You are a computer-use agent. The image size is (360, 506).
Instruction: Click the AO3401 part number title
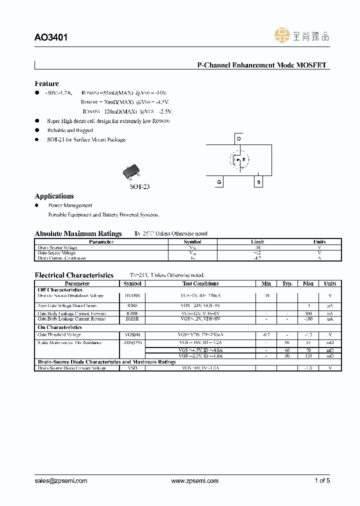pos(51,37)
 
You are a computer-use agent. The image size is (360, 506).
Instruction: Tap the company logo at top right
pos(302,35)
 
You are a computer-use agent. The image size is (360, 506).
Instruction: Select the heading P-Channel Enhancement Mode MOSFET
pos(261,65)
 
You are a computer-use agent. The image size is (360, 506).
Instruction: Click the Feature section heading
pos(46,83)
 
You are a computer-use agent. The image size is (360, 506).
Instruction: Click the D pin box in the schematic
pos(239,138)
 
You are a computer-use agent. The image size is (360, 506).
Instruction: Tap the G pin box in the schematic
pos(219,182)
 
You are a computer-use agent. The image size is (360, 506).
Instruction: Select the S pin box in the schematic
pos(258,182)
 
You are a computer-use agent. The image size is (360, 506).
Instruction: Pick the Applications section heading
pos(54,196)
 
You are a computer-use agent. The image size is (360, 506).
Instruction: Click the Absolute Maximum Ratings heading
pos(78,233)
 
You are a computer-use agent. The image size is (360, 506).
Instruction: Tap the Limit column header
pos(257,242)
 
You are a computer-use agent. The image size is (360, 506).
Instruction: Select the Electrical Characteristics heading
pos(74,275)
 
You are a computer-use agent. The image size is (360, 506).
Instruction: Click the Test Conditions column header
pos(200,283)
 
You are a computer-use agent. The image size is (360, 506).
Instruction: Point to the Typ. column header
pos(287,283)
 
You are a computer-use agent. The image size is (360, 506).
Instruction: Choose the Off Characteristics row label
pos(60,290)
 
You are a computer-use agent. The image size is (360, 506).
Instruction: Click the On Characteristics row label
pos(59,327)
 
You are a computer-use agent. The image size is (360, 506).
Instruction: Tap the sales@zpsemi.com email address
pos(61,480)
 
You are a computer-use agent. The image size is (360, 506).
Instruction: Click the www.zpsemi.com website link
pos(195,480)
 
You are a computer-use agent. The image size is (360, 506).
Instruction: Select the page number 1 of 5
pos(322,480)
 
